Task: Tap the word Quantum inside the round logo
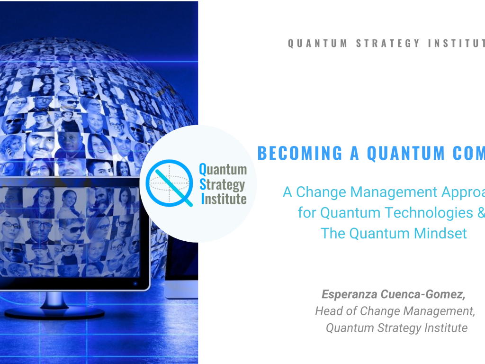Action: pos(223,169)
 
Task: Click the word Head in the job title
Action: pos(327,311)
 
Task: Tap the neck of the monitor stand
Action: pos(54,299)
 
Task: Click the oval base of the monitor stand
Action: pos(54,313)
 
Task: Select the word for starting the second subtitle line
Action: pos(307,213)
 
